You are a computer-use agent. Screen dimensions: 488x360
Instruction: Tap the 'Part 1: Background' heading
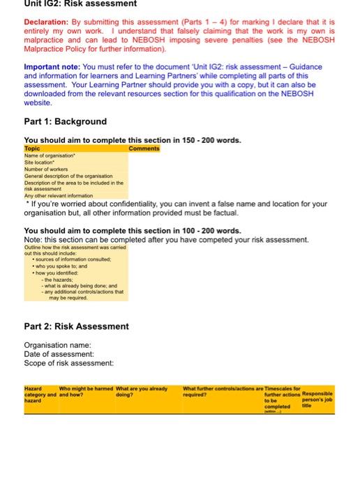[66, 121]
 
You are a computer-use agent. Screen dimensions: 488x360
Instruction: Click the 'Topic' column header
[33, 148]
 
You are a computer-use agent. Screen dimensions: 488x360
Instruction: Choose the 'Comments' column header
[144, 148]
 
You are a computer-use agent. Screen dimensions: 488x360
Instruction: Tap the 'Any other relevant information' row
[59, 196]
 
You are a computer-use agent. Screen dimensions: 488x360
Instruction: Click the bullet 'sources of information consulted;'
[63, 259]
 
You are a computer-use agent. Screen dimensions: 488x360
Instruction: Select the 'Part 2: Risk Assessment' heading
[76, 326]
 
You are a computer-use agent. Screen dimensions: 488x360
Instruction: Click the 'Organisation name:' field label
[59, 345]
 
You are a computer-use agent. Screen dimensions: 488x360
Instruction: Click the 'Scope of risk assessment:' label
[68, 363]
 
